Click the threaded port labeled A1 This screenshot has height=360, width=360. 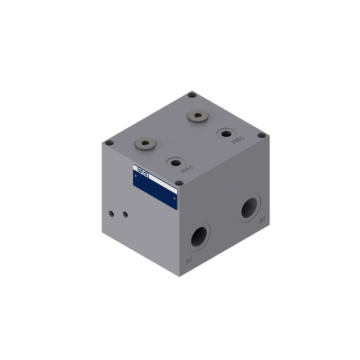click(199, 236)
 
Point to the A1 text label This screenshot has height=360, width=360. click(189, 260)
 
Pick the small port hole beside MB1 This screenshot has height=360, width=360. click(227, 135)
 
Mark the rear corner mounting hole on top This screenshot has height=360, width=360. click(192, 94)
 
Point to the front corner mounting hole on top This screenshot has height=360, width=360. click(179, 183)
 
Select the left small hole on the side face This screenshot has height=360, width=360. click(111, 212)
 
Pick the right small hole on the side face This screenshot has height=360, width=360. click(125, 214)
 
